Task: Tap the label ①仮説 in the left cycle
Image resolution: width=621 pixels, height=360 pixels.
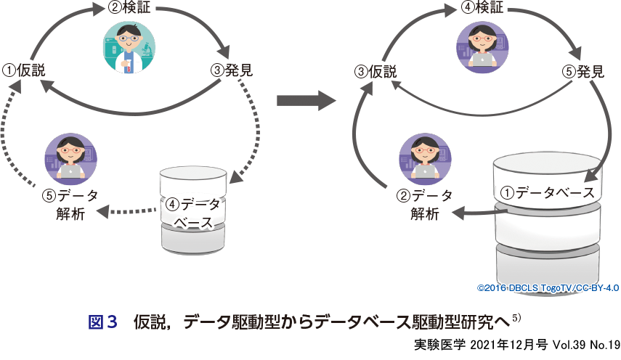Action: [x=24, y=70]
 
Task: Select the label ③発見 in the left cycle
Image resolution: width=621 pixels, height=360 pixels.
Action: [x=231, y=70]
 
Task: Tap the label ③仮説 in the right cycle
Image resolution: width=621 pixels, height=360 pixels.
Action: [x=376, y=71]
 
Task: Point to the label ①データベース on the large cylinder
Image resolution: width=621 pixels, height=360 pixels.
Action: [x=548, y=193]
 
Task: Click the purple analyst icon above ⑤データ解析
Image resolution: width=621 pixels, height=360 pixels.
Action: [x=71, y=157]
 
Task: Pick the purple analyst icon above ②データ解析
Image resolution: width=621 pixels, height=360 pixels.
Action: [x=425, y=156]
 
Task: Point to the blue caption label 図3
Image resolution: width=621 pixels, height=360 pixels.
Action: [x=102, y=321]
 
